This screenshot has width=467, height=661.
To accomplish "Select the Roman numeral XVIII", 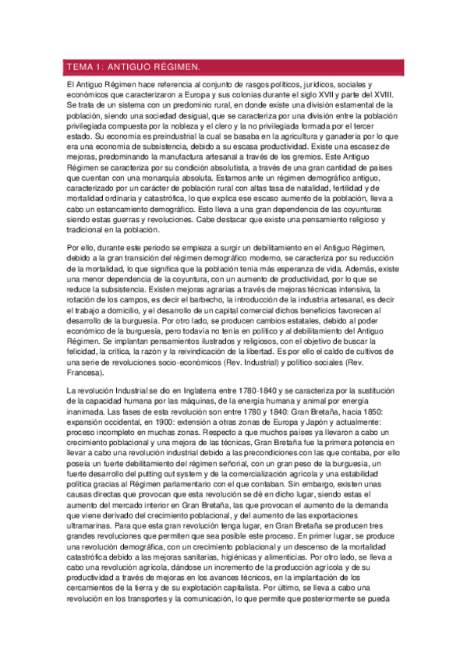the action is [384, 94].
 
